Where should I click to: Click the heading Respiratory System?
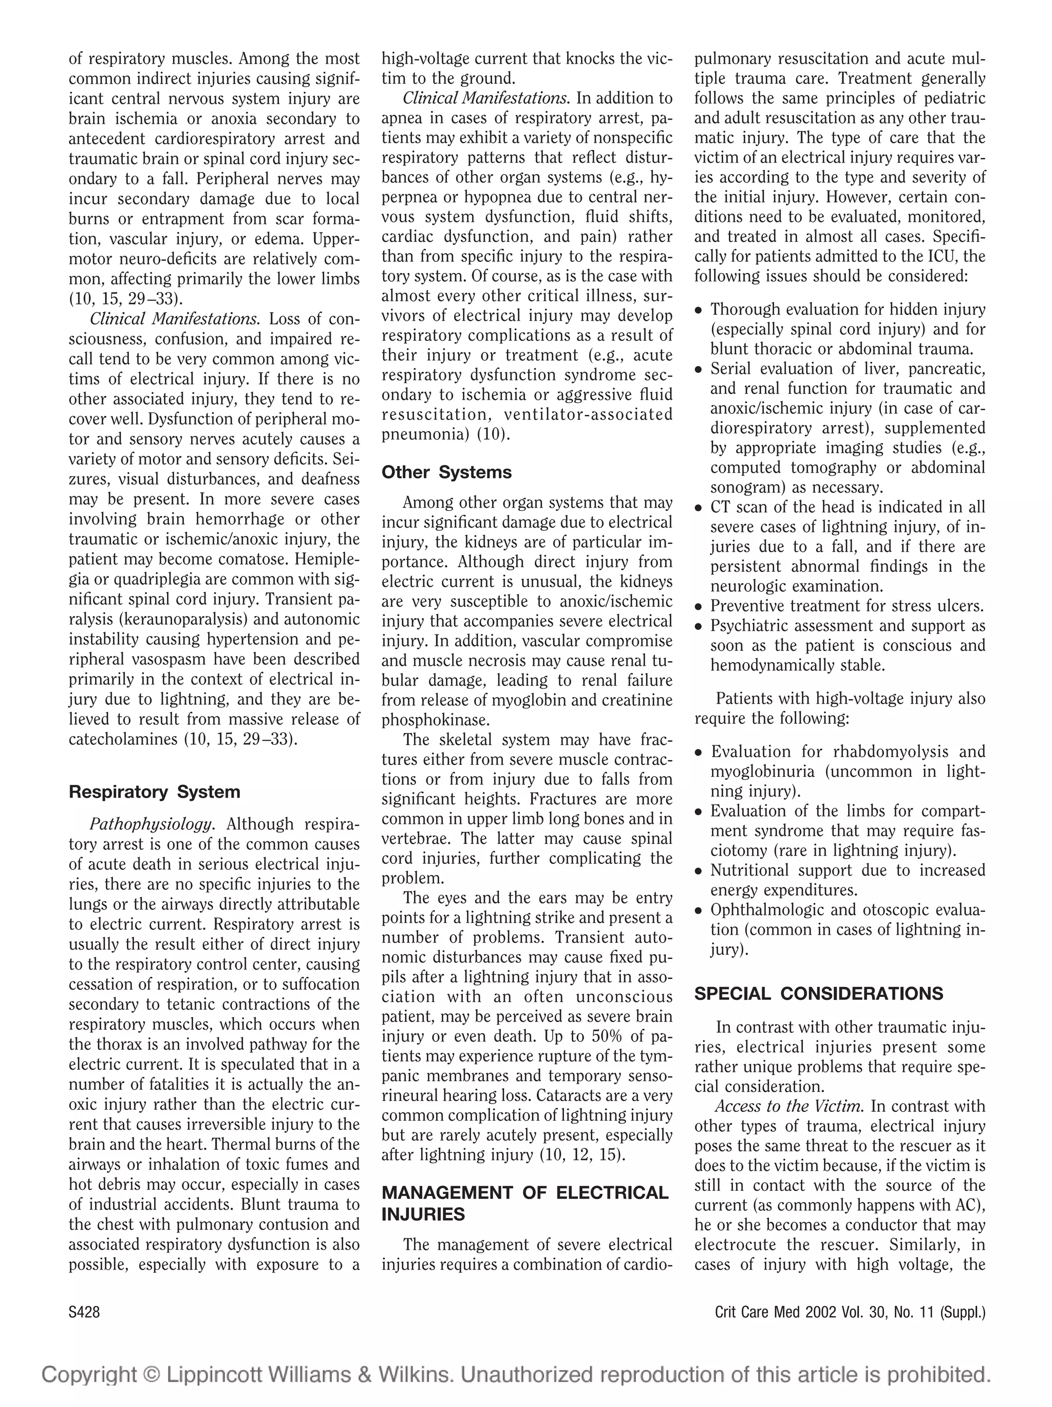(154, 792)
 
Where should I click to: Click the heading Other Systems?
(446, 473)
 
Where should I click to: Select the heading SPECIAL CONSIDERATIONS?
(818, 994)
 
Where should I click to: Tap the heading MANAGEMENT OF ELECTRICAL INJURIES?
(524, 1203)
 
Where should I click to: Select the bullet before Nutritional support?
(699, 872)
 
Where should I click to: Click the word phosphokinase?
(435, 720)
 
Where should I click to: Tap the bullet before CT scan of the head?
(699, 509)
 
